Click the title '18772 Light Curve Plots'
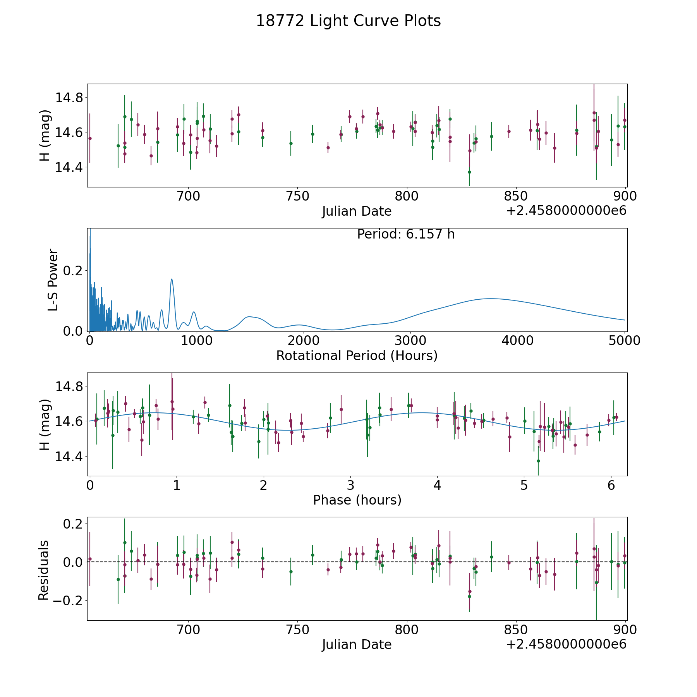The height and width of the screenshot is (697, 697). click(348, 21)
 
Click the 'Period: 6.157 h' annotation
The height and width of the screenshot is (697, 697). click(406, 234)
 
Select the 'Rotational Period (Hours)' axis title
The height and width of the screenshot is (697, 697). click(357, 355)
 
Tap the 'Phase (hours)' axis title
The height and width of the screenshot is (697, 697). click(357, 500)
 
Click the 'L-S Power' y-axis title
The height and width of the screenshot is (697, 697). click(53, 280)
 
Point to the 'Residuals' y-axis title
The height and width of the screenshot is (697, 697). click(44, 570)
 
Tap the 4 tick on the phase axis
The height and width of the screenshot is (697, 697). click(437, 485)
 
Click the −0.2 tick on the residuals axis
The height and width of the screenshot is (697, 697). click(69, 601)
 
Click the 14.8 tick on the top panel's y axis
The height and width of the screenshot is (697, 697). click(69, 98)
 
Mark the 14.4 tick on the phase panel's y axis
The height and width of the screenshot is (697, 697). click(69, 457)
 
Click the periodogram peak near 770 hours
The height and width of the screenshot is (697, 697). click(172, 279)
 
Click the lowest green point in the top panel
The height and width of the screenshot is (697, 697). click(469, 172)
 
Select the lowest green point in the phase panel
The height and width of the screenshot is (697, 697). click(538, 461)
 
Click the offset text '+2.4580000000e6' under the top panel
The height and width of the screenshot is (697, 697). click(566, 211)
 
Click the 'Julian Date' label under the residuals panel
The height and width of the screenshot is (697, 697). click(357, 644)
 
